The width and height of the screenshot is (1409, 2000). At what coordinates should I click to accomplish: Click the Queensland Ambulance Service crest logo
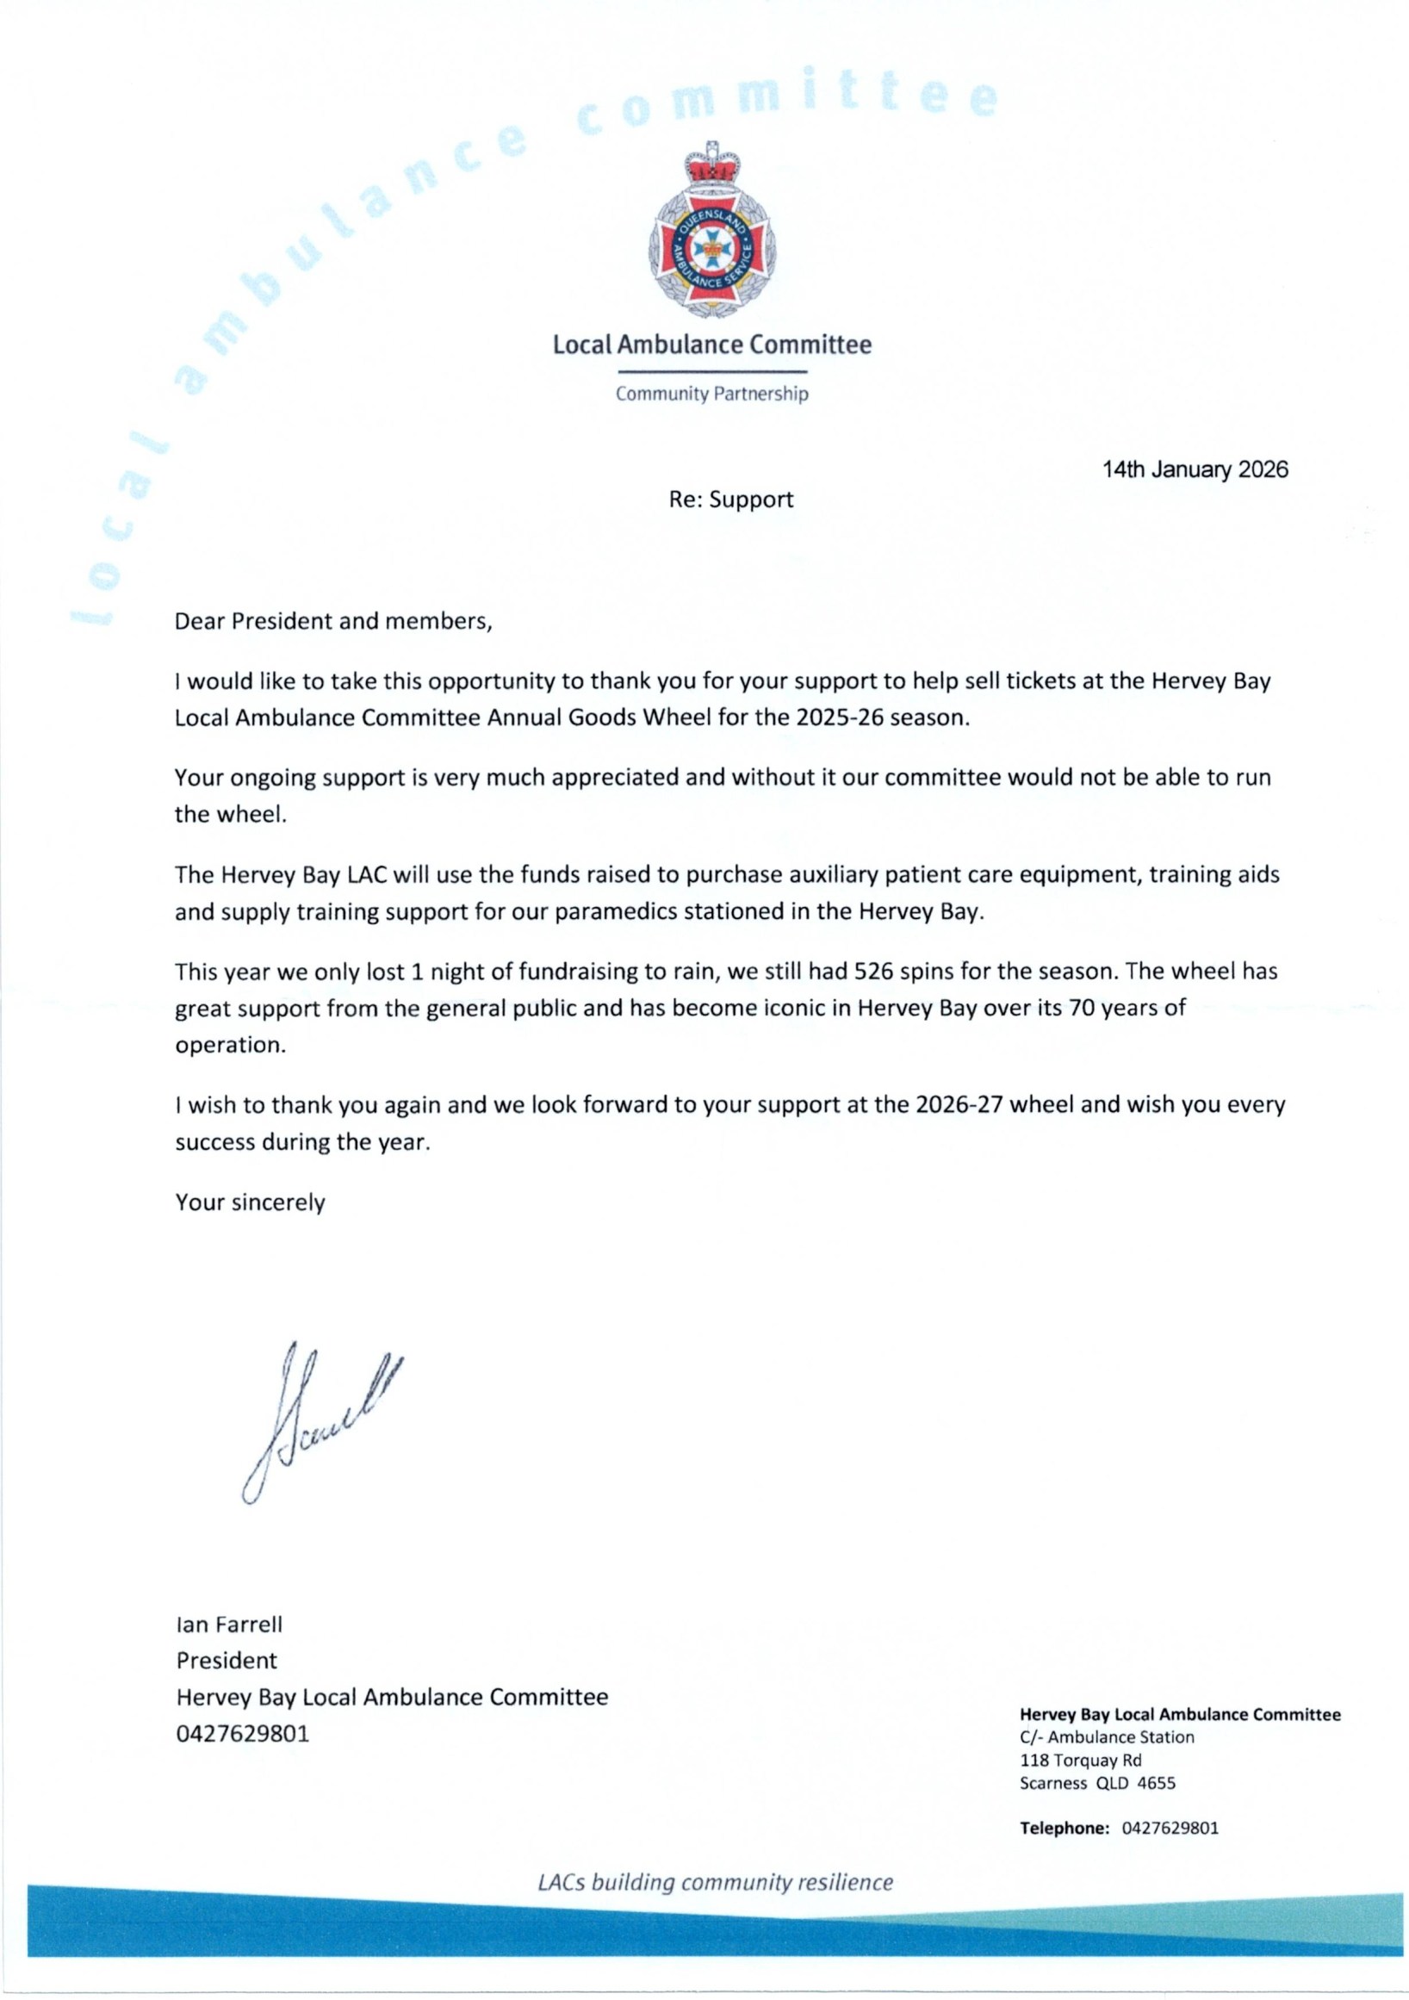(x=712, y=235)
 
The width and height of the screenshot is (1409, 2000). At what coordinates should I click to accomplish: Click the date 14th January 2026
(x=1194, y=470)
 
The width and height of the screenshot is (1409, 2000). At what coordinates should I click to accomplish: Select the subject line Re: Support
(x=730, y=500)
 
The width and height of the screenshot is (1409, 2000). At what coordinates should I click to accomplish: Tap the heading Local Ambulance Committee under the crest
(x=711, y=345)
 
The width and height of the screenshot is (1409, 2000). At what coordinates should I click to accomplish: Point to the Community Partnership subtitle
(x=711, y=394)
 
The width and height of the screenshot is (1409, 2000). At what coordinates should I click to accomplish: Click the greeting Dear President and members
(x=333, y=621)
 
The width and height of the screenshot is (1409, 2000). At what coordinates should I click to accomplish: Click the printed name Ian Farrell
(x=229, y=1624)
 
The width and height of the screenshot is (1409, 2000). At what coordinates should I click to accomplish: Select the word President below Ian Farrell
(x=227, y=1661)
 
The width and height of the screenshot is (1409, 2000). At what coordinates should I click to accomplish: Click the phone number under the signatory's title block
(x=242, y=1734)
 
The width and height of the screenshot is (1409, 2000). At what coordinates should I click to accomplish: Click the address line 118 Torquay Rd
(x=1080, y=1761)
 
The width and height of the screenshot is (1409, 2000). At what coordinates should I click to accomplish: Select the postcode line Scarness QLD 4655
(x=1096, y=1783)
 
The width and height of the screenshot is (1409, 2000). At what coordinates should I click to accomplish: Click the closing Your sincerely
(x=250, y=1203)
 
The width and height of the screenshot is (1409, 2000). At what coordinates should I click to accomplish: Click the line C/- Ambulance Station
(x=1106, y=1737)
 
